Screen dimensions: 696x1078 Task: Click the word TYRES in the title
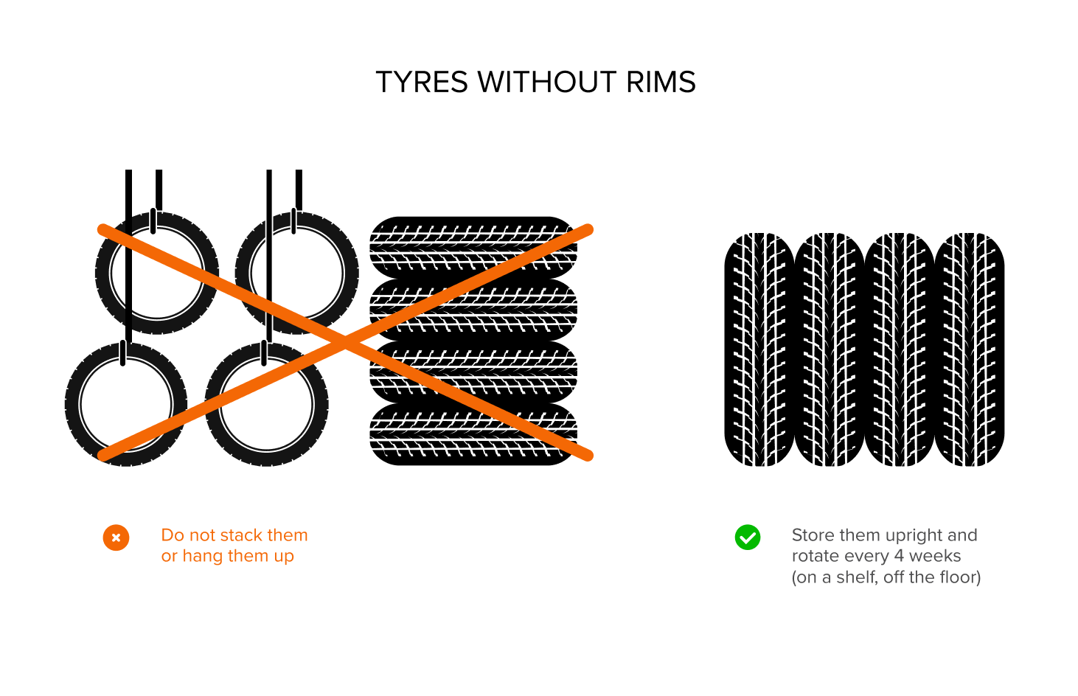coord(421,82)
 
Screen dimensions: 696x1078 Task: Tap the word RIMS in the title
coord(661,82)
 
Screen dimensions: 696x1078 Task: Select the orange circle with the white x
coord(116,537)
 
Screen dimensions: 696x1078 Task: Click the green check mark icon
coord(748,537)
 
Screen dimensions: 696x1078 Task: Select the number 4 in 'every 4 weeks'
coord(899,556)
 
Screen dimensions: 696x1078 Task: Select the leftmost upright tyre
coord(759,349)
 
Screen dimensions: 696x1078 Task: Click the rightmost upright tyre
coord(970,349)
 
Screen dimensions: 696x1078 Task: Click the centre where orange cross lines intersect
coord(345,342)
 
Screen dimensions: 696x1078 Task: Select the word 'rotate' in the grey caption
coord(815,556)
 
